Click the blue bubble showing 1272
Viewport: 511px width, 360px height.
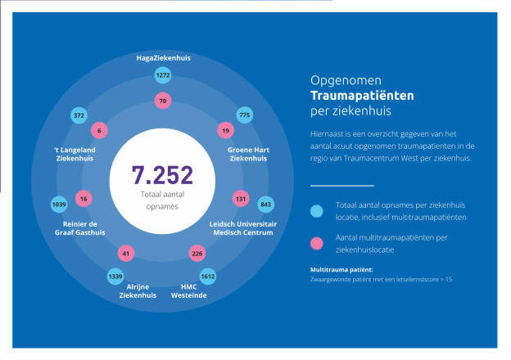tap(163, 75)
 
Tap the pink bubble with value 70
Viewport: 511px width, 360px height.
tap(163, 101)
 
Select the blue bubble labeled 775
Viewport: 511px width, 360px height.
tap(244, 116)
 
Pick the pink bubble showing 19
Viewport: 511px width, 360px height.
tap(224, 130)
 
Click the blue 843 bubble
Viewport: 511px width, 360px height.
tap(265, 204)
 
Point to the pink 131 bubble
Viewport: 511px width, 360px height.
tap(241, 198)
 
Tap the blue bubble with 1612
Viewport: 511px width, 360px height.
tap(207, 277)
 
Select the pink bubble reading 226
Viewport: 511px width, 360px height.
tap(197, 254)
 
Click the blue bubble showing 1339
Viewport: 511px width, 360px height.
tap(115, 277)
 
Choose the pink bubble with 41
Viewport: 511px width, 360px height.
tap(125, 254)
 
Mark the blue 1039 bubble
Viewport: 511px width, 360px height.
tap(59, 204)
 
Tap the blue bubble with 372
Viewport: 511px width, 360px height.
tap(79, 116)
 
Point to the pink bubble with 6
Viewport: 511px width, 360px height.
tap(100, 130)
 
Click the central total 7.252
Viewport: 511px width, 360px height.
tap(162, 175)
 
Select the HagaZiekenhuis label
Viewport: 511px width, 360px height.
tap(162, 58)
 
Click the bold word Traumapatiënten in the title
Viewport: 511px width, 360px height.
tap(362, 95)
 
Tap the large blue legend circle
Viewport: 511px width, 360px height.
tap(317, 211)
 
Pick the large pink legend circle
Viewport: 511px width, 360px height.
tap(317, 242)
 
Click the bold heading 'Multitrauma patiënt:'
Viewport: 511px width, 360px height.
tap(341, 269)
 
